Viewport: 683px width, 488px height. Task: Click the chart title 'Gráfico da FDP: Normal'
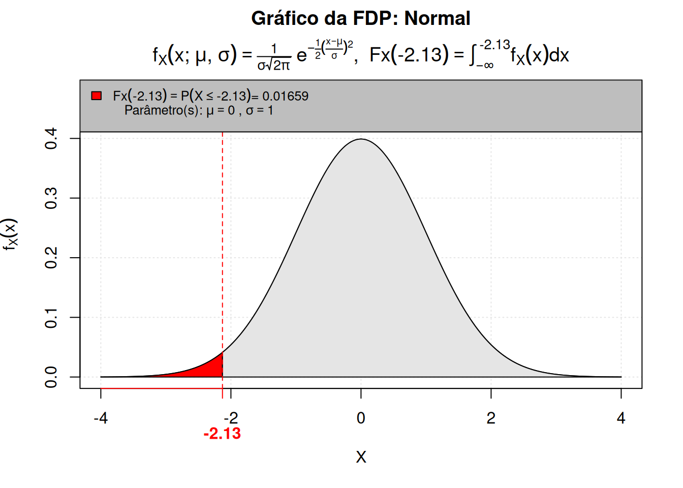[x=360, y=18]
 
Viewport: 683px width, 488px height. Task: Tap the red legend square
[x=96, y=96]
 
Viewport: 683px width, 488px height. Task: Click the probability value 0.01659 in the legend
[x=285, y=96]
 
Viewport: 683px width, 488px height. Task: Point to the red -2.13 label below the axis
[x=222, y=434]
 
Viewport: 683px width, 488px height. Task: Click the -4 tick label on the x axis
[x=101, y=418]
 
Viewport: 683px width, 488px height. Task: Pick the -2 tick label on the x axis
[x=231, y=418]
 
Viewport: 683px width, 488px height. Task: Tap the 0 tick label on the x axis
[x=361, y=418]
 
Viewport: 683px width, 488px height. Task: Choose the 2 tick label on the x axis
[x=491, y=418]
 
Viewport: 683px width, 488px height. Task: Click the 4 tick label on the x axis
[x=621, y=418]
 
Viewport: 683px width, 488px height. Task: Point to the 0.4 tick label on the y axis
[x=51, y=138]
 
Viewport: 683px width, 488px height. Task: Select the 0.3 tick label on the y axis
[x=51, y=198]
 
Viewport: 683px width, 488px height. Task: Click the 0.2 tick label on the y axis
[x=51, y=258]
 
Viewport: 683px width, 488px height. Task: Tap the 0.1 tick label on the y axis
[x=51, y=317]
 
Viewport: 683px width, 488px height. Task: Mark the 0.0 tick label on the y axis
[x=51, y=377]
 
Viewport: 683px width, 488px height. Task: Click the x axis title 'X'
[x=361, y=457]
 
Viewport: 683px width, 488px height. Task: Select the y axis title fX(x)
[x=10, y=234]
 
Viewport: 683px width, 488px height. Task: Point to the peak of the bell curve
[x=361, y=139]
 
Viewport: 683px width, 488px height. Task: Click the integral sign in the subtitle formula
[x=473, y=54]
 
